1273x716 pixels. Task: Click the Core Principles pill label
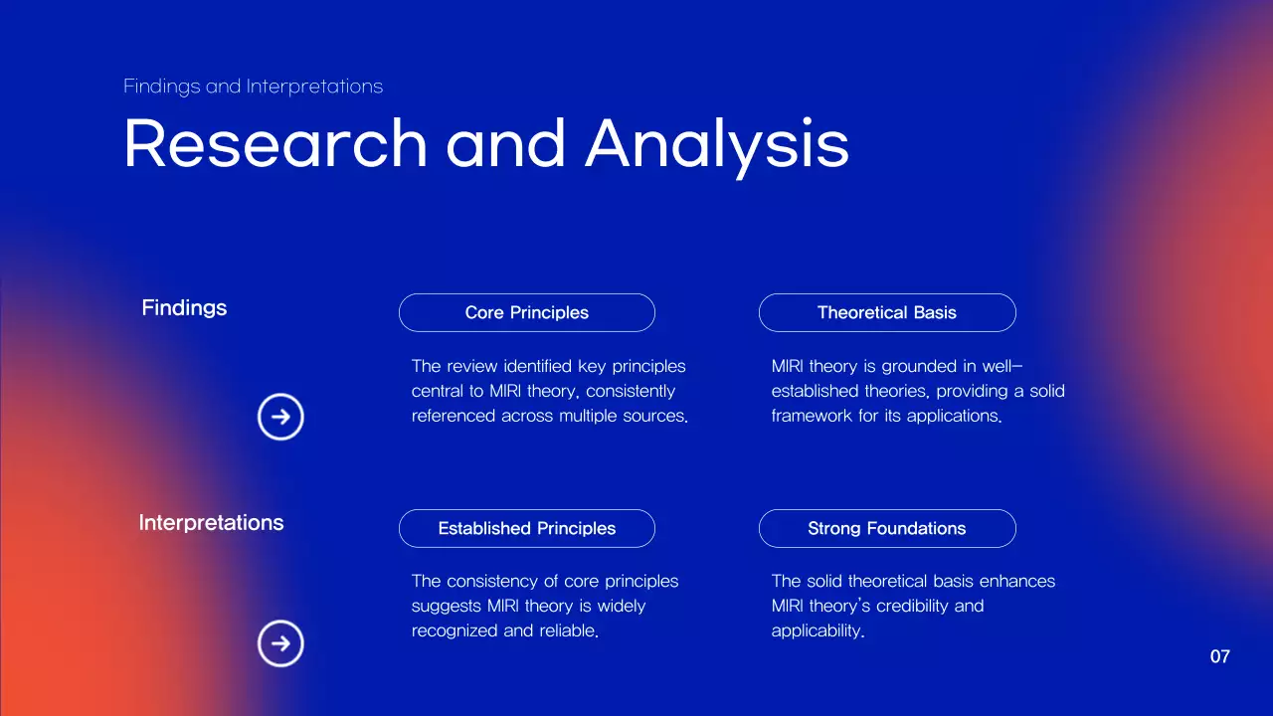(x=526, y=312)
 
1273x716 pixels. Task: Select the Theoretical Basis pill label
(x=886, y=312)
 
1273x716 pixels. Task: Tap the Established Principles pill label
(x=526, y=528)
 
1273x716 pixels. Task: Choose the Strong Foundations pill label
(x=886, y=528)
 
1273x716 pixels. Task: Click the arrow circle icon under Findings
(x=280, y=417)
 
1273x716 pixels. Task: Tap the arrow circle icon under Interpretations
(x=280, y=643)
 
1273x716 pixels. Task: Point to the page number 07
(x=1220, y=656)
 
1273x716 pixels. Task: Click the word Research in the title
(x=275, y=143)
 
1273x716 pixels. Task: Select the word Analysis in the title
(x=717, y=143)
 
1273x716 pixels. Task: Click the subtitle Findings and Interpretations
(x=253, y=87)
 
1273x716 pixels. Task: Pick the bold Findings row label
(x=184, y=307)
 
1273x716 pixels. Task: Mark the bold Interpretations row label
(x=211, y=522)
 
